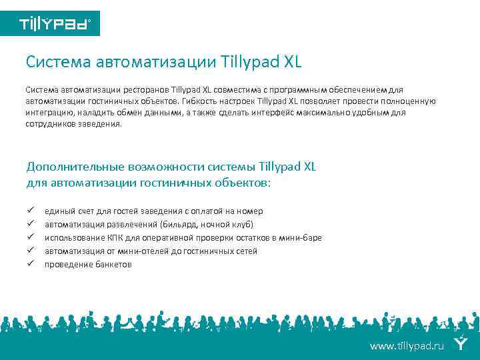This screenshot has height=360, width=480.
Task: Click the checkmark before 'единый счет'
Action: tap(30, 211)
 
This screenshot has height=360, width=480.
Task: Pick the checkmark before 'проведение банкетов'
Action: tap(30, 264)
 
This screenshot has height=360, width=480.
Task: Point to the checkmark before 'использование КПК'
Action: tap(30, 237)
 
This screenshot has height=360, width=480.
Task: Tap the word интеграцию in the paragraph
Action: tap(49, 112)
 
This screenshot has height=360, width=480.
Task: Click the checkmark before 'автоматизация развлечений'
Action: tap(30, 224)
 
